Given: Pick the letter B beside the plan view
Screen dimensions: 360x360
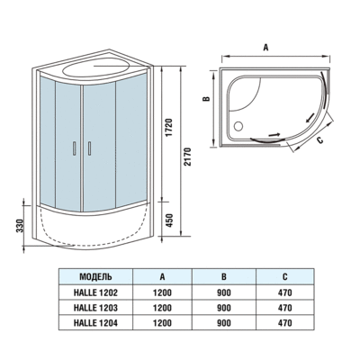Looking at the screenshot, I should click(206, 102).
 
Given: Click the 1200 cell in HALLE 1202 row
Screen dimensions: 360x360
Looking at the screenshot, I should click(162, 292).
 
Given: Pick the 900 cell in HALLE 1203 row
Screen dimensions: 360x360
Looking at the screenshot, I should click(225, 306).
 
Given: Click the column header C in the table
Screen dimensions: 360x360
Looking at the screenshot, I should click(286, 277).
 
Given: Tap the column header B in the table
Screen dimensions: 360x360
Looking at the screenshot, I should click(225, 277).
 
